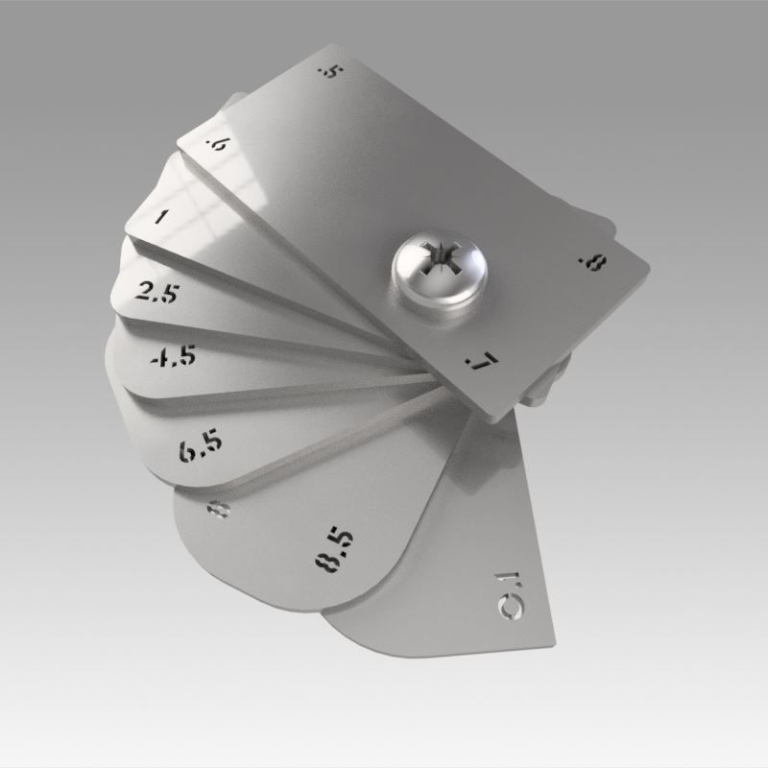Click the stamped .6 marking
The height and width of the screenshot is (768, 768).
[218, 146]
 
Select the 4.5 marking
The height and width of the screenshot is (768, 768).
[174, 356]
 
